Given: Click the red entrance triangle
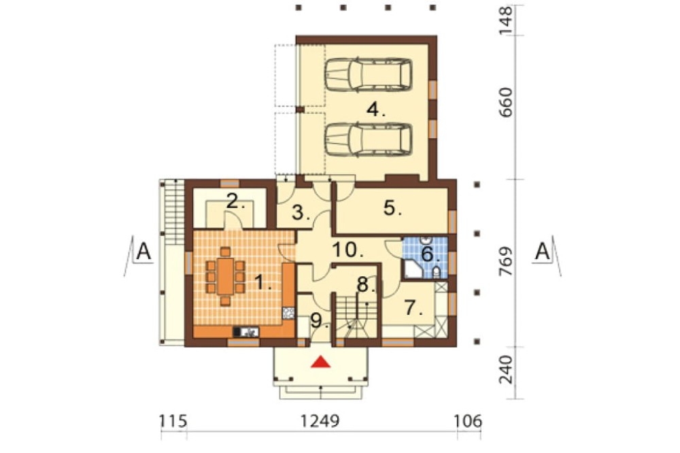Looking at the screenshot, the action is [x=320, y=362].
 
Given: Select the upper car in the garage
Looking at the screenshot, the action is [x=368, y=75].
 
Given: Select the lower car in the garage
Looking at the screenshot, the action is [x=368, y=139].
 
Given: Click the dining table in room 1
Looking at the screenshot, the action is [x=225, y=276].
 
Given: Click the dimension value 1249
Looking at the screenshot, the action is [x=320, y=421].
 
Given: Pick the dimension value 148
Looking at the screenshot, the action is [x=506, y=20].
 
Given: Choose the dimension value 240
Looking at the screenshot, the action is [x=506, y=370].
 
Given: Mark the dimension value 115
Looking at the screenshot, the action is [x=173, y=421].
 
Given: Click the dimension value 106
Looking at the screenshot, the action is [x=468, y=421].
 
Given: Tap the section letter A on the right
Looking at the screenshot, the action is [x=542, y=252].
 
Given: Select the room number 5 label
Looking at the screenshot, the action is [x=392, y=208].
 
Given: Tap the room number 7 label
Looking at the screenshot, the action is [x=414, y=307].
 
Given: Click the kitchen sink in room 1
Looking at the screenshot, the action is [x=246, y=332].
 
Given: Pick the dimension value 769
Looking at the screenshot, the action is [x=506, y=262].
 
